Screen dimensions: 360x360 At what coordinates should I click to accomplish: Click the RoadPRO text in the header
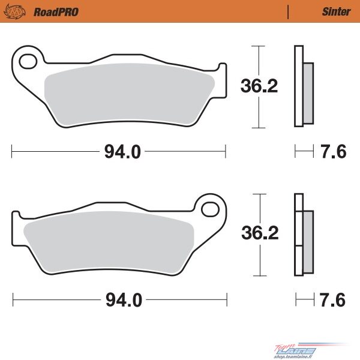56,12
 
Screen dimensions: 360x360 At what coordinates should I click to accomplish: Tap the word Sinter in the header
337,12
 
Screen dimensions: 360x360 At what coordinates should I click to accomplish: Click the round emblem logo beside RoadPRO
14,11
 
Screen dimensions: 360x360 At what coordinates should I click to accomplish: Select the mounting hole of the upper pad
28,61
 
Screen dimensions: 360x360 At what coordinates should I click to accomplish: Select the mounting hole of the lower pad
210,209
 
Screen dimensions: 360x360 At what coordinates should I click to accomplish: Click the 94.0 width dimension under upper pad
122,152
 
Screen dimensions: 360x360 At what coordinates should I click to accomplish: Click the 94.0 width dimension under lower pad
124,300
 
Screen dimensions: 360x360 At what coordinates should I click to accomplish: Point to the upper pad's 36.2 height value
259,86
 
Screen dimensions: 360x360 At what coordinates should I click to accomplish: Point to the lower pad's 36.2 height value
260,233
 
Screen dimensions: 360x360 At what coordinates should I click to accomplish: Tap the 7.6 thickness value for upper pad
334,152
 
